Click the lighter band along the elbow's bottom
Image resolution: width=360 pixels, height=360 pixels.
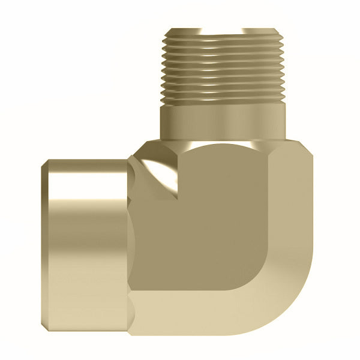[x=210, y=312]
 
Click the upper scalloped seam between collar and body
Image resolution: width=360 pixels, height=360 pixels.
[x=133, y=174]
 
